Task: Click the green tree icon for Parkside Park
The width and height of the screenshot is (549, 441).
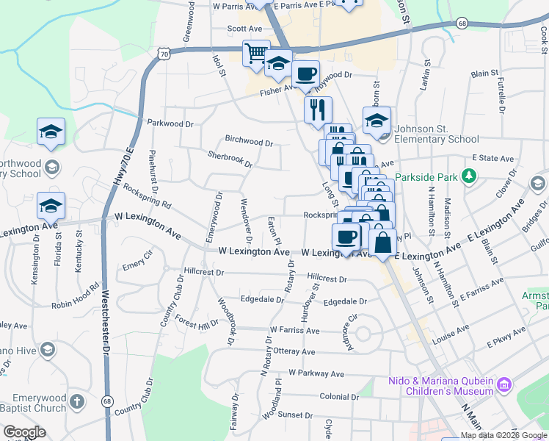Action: (467, 176)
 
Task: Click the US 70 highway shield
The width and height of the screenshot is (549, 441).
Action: (164, 54)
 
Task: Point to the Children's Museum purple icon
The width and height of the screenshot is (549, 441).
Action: (503, 385)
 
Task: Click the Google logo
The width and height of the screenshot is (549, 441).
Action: (24, 431)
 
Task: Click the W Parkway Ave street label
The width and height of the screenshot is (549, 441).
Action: (316, 374)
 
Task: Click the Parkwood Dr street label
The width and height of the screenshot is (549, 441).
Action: (170, 123)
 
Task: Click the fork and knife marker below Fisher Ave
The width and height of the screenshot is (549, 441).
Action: (318, 110)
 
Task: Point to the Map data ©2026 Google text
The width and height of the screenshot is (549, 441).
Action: (502, 435)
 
